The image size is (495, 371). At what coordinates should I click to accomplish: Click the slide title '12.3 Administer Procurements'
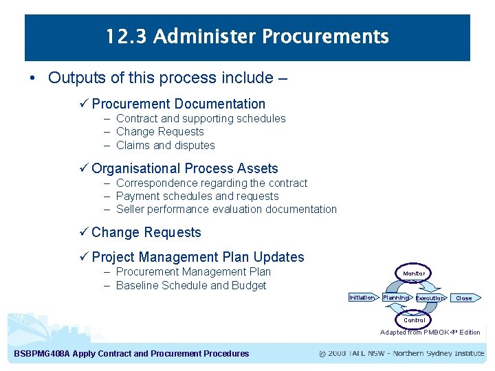tap(247, 36)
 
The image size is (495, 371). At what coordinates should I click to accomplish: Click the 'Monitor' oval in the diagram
tap(414, 273)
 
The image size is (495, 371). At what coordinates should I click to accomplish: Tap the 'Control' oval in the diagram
tap(414, 320)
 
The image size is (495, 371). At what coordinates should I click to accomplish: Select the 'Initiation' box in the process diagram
tap(362, 297)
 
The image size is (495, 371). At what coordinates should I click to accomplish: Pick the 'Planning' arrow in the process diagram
tap(396, 297)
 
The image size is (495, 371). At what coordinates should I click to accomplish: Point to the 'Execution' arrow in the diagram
tap(430, 298)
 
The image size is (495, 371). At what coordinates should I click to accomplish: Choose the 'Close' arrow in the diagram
tap(465, 298)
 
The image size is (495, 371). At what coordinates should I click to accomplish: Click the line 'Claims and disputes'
tap(165, 145)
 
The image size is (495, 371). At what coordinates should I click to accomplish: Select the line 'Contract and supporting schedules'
tap(201, 118)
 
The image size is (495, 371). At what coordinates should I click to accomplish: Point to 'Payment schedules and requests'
tap(197, 196)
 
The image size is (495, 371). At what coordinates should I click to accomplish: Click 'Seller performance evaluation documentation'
tap(226, 209)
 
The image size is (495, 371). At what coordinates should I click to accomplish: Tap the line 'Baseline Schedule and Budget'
tap(190, 285)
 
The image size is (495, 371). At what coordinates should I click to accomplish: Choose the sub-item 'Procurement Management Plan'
tap(193, 271)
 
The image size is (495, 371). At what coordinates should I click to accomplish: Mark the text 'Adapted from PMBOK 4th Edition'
tap(430, 333)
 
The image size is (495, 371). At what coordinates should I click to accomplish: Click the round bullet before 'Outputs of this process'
tap(33, 78)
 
